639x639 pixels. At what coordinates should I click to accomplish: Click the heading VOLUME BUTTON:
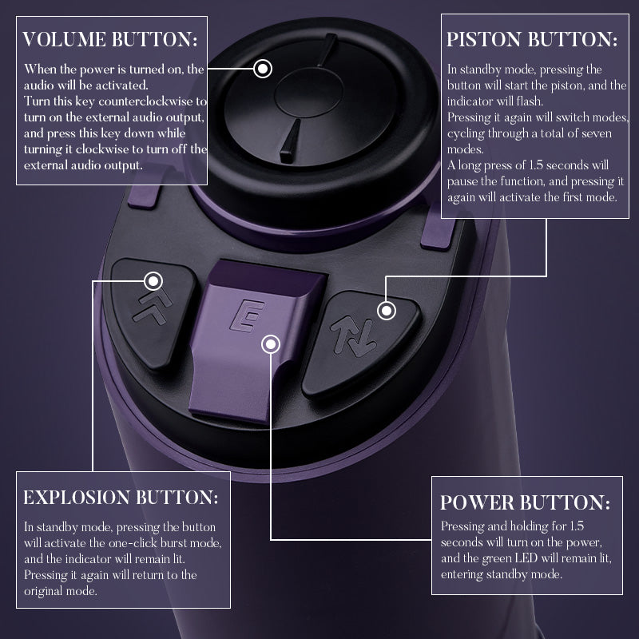(110, 40)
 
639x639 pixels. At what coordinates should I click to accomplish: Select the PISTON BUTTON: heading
(532, 40)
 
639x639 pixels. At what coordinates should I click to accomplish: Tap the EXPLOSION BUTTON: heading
(121, 497)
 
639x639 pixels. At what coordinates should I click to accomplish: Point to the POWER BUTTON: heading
(525, 502)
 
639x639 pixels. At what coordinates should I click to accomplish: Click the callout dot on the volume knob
(264, 68)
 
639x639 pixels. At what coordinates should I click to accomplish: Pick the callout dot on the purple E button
(272, 344)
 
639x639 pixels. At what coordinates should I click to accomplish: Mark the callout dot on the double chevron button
(155, 280)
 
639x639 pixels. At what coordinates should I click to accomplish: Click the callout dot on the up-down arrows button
(386, 311)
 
